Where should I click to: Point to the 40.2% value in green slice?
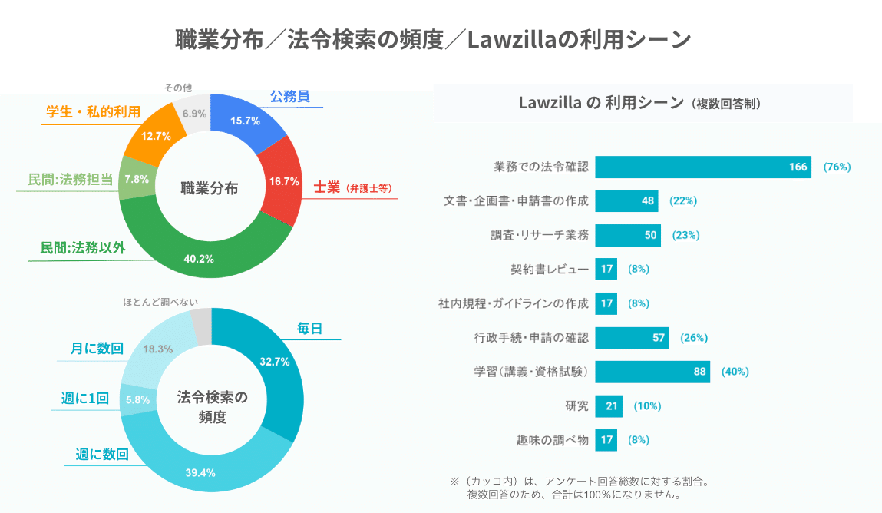[x=199, y=258]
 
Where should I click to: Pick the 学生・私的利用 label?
[x=93, y=113]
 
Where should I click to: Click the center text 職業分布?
[x=209, y=187]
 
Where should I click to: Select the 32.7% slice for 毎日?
[x=273, y=362]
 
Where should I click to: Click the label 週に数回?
[x=101, y=454]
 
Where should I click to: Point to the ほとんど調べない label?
[x=166, y=303]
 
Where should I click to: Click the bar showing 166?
[x=702, y=167]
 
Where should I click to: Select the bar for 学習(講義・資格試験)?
[x=652, y=372]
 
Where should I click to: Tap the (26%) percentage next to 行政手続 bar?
[x=693, y=337]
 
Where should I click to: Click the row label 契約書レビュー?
[x=549, y=270]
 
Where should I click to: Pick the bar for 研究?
[x=608, y=405]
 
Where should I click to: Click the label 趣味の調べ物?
[x=552, y=440]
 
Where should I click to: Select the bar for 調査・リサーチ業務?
[x=627, y=235]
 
